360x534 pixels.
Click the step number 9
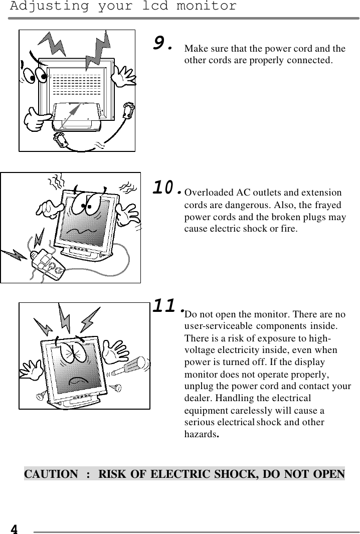pos(162,44)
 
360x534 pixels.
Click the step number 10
pos(166,188)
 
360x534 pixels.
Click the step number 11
pos(166,305)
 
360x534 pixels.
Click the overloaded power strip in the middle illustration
pos(47,264)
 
